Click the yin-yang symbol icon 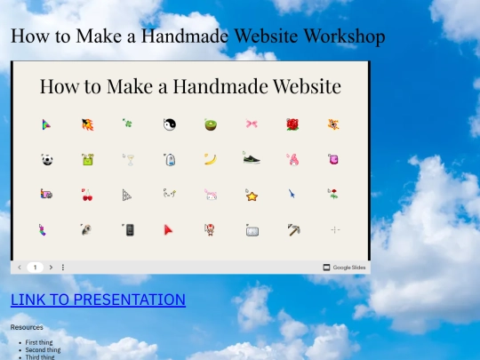[170, 124]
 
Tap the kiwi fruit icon [211, 124]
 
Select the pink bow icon [252, 124]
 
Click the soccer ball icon [46, 160]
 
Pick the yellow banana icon [211, 160]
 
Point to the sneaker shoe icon [252, 159]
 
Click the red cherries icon [87, 194]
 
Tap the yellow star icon [252, 195]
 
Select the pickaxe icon [293, 229]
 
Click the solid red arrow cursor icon [169, 229]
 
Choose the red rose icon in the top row [293, 124]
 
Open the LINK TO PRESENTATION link [98, 300]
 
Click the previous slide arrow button [20, 267]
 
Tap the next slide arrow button [51, 267]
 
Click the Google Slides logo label [345, 267]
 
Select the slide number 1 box [35, 267]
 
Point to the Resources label [27, 327]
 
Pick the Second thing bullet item [43, 350]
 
